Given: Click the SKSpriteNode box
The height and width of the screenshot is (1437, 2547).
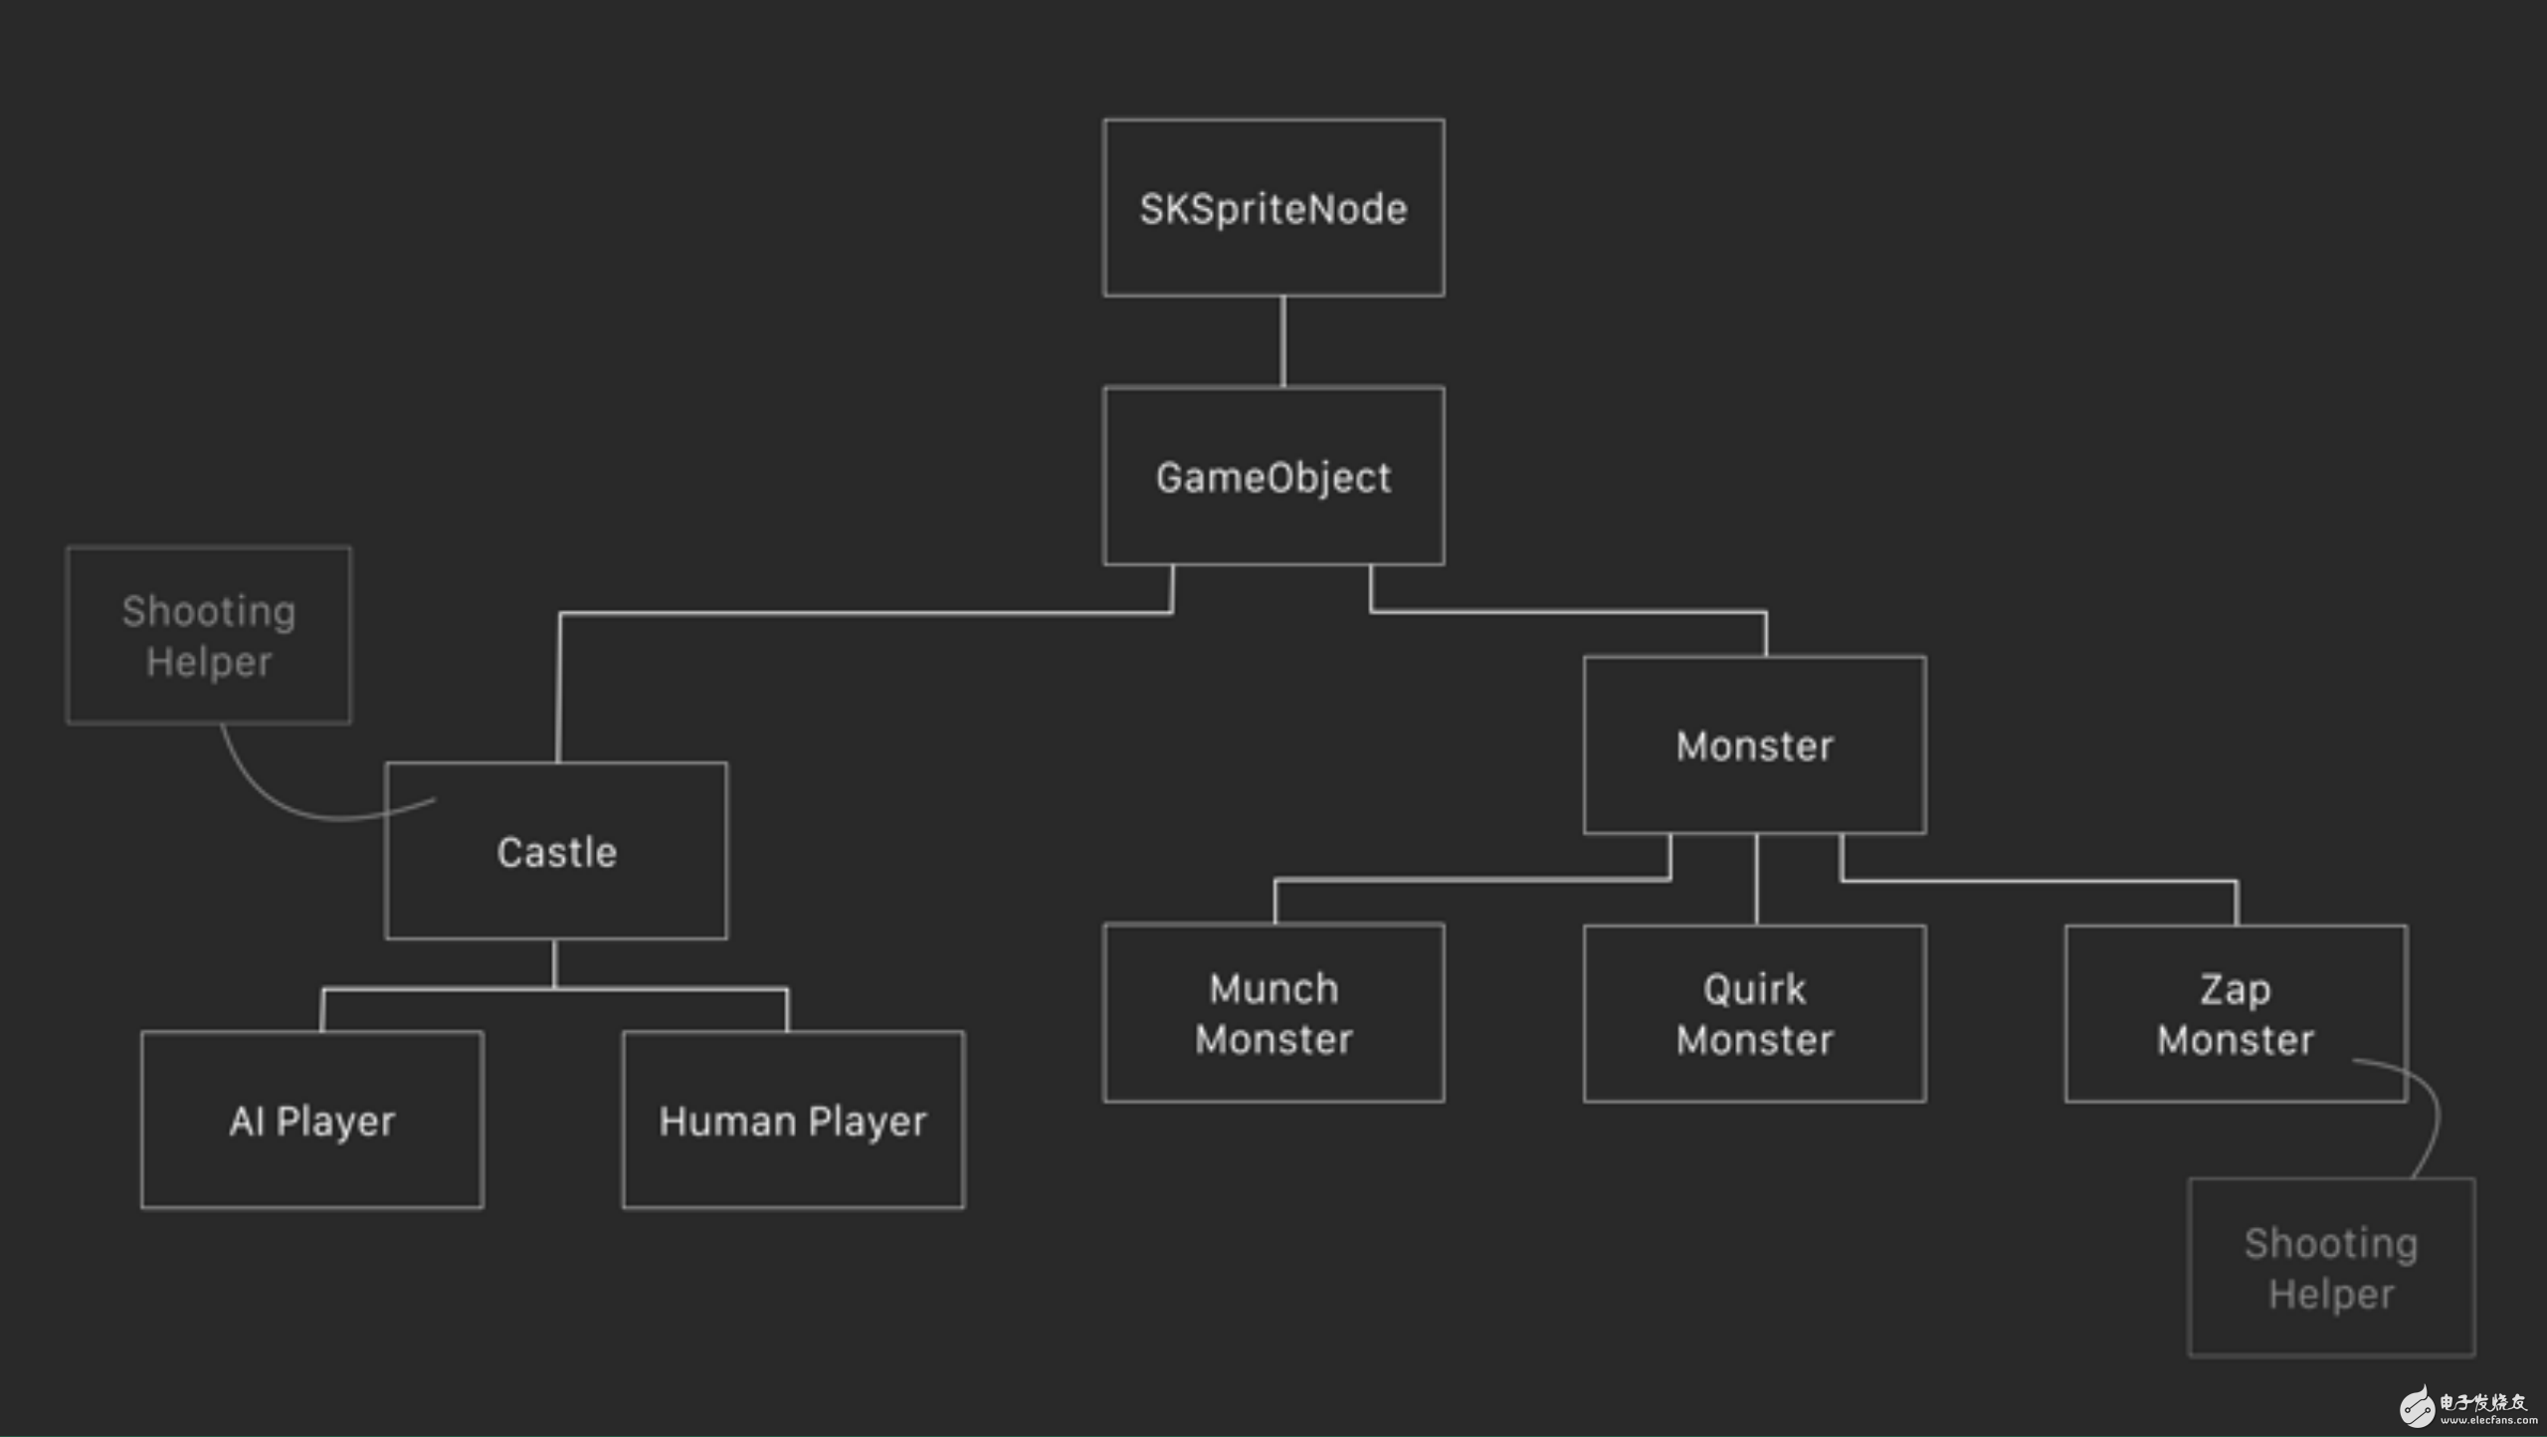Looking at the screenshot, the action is [x=1273, y=208].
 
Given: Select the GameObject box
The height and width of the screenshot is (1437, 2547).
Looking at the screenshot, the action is [x=1273, y=476].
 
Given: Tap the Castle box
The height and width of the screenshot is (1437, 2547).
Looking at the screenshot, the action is [x=556, y=851].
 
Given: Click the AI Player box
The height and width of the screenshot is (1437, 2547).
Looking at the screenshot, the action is [x=312, y=1120].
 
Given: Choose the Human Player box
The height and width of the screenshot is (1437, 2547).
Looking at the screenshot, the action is [x=793, y=1120].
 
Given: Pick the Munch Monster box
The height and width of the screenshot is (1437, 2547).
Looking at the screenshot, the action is [x=1273, y=1013].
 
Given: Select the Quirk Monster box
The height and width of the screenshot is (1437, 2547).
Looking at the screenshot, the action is [x=1755, y=1013].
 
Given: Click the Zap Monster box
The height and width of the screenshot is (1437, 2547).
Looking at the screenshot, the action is [x=2237, y=1013].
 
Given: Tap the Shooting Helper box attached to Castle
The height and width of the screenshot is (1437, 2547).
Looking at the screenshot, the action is [x=209, y=635].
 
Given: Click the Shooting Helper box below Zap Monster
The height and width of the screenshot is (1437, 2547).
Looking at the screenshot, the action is [x=2332, y=1267].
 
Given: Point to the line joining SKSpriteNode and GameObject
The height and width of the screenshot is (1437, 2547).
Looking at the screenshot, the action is [x=1282, y=341].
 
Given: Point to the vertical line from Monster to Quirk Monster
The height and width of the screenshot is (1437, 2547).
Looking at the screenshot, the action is [x=1756, y=880].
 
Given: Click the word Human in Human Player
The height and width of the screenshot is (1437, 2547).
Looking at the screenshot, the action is [x=727, y=1122].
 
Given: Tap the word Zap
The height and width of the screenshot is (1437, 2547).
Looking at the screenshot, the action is [x=2236, y=990].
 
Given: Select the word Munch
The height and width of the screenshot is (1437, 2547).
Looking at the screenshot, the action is [x=1273, y=988].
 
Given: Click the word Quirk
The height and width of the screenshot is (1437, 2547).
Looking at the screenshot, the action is [x=1754, y=989].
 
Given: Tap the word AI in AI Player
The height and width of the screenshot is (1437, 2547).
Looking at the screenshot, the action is [x=247, y=1122].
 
